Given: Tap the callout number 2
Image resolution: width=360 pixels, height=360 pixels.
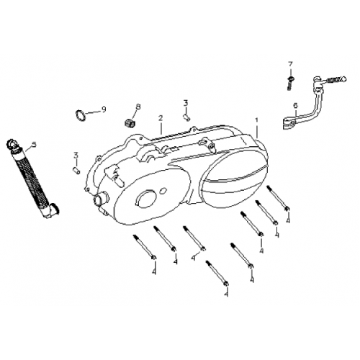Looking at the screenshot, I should (161, 117).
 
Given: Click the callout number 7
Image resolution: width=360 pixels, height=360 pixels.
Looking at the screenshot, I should (291, 64).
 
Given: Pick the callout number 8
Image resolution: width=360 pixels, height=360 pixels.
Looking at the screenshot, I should (138, 107).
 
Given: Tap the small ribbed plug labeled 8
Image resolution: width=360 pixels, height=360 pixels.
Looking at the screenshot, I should (132, 120).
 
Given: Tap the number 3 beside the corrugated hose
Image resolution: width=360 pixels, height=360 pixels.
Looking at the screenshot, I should (75, 154).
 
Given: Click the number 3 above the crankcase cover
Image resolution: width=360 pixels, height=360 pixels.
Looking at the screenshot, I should (185, 102).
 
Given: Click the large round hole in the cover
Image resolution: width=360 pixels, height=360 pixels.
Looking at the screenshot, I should (148, 199).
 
